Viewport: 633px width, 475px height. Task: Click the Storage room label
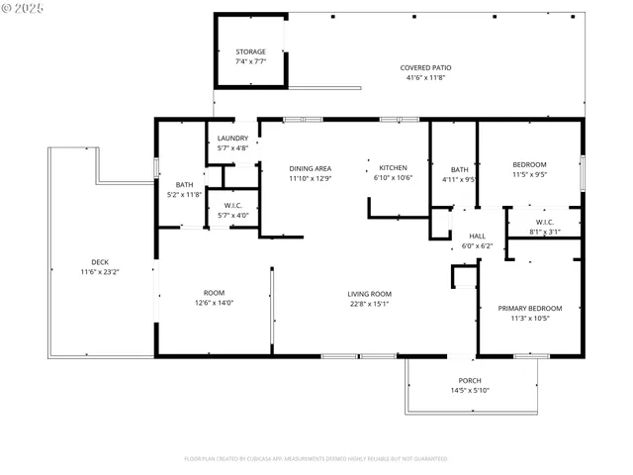point(250,51)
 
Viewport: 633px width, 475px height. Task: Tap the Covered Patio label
point(422,68)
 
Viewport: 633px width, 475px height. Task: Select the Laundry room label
point(232,139)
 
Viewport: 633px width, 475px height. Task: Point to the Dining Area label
point(310,168)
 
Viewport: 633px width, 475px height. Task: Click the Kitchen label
point(394,168)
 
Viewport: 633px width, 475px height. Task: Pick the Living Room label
point(369,294)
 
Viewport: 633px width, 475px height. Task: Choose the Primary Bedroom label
point(529,308)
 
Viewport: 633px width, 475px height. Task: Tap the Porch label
point(470,381)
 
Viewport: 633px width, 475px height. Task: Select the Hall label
point(478,236)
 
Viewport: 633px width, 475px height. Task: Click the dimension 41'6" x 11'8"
point(422,78)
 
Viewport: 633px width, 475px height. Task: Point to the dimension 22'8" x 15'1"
point(369,304)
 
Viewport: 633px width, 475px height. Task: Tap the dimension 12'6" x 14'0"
point(214,303)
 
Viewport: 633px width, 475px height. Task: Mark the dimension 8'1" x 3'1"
point(544,232)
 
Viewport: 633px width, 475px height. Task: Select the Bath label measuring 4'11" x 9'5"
point(460,169)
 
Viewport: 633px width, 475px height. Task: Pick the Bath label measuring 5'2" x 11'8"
point(185,185)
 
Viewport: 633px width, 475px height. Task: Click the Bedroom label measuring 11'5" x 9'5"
point(529,164)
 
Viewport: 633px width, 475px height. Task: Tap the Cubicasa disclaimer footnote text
point(316,458)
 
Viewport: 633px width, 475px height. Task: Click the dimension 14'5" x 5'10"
point(470,391)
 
